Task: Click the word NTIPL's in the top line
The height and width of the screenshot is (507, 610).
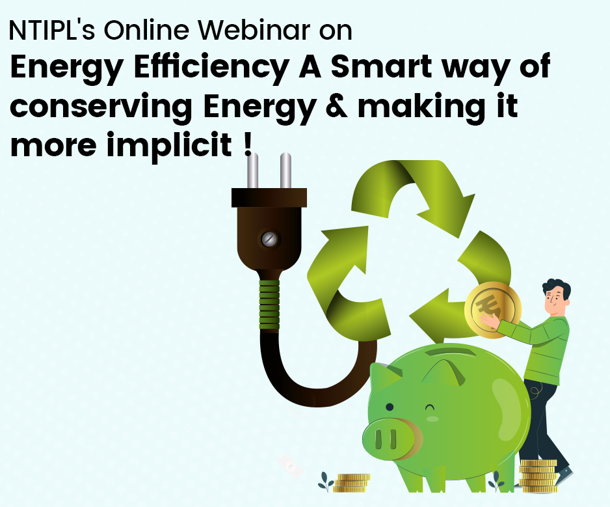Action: click(x=52, y=30)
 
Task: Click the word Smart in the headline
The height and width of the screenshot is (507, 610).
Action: click(x=381, y=66)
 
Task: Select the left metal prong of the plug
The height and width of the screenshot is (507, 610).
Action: click(x=252, y=171)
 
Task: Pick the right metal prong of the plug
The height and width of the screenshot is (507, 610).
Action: click(x=285, y=171)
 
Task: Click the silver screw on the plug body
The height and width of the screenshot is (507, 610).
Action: click(x=269, y=239)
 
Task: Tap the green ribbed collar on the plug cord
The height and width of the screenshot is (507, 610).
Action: click(x=269, y=305)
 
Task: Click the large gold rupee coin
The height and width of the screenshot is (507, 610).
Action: click(x=492, y=310)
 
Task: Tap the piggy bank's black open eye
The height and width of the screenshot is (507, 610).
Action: click(x=390, y=407)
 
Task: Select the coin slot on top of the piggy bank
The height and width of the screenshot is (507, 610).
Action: click(x=451, y=353)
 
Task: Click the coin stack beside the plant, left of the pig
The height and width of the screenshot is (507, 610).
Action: click(x=352, y=484)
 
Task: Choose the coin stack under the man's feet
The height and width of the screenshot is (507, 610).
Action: click(x=538, y=476)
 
